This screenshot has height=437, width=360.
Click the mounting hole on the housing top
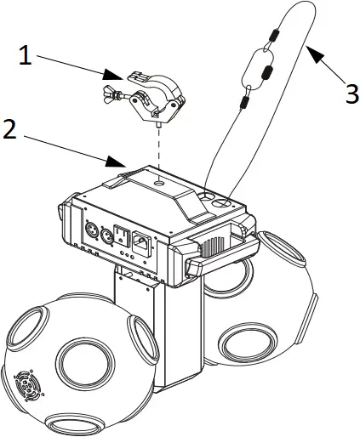pos(159,179)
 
